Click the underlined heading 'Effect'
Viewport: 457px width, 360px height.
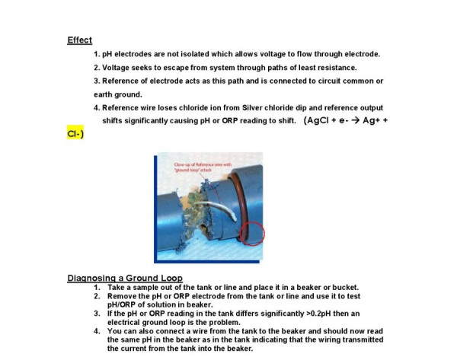click(x=79, y=40)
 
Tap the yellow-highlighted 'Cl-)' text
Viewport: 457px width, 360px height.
click(x=75, y=133)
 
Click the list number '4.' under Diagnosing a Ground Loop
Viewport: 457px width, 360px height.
click(x=97, y=331)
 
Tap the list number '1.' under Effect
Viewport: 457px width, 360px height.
click(x=97, y=54)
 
